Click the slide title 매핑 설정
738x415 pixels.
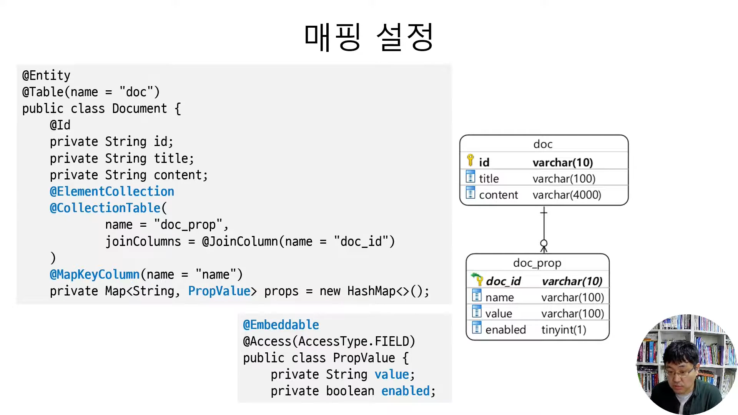[x=368, y=37]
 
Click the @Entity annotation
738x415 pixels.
[x=46, y=75]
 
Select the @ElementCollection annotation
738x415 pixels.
[x=112, y=191]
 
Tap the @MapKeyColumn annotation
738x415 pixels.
[x=95, y=274]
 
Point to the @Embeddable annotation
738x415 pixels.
[x=281, y=325]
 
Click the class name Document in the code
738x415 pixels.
[x=140, y=109]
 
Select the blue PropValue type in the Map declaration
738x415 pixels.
[x=219, y=291]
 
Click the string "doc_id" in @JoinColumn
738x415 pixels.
[x=361, y=241]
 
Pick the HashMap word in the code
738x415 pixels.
[x=371, y=291]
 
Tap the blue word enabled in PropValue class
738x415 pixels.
[x=406, y=391]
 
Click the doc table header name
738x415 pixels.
[x=543, y=144]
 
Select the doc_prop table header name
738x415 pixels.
[x=537, y=263]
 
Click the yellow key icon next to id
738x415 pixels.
[x=470, y=160]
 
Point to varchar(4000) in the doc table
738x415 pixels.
[x=567, y=195]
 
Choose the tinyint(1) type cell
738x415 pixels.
[x=563, y=330]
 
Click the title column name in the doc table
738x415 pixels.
[x=489, y=179]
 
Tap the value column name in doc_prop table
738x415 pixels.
[x=499, y=314]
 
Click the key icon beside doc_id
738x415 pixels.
[x=477, y=279]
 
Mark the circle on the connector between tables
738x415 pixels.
[x=544, y=243]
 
